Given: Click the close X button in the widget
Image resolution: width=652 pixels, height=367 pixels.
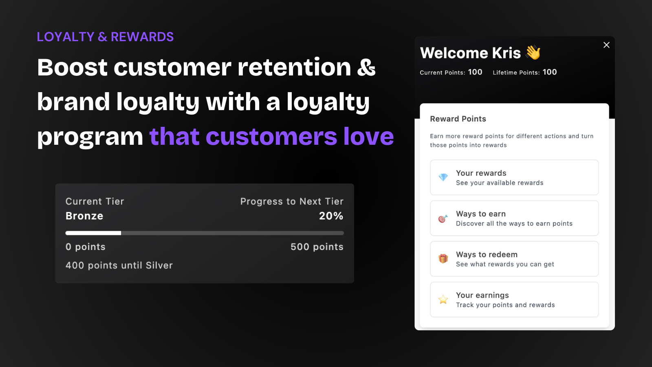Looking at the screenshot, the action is pos(606,45).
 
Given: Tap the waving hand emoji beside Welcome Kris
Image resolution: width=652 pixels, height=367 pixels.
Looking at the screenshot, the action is pos(533,53).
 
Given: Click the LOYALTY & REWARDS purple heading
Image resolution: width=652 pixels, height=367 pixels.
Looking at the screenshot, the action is pos(105,37).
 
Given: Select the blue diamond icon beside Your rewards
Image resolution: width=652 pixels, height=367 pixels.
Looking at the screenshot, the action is pos(443,177).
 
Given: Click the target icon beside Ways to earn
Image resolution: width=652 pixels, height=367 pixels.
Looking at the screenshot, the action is pos(443,218).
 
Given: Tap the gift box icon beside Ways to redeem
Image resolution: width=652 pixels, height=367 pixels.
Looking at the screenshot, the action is pos(443,259).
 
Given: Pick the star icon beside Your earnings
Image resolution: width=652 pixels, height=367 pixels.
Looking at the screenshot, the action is pos(443,299).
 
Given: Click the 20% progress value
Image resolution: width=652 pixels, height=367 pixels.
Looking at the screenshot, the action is pos(331,216).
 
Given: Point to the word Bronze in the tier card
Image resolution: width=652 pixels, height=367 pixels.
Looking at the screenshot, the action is pos(84,216).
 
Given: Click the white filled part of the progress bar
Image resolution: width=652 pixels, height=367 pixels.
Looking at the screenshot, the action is pos(93,233).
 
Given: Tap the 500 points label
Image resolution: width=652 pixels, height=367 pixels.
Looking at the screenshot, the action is pos(317,247).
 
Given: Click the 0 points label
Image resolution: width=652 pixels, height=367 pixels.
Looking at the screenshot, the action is pos(86,247).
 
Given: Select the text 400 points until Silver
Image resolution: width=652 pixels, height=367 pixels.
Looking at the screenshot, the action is pos(119,265).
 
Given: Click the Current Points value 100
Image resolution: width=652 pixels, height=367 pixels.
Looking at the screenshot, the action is pos(475,72).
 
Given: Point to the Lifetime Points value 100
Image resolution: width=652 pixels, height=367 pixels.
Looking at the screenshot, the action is pos(550,72).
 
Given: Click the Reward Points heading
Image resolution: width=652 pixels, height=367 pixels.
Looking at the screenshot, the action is pos(458,119).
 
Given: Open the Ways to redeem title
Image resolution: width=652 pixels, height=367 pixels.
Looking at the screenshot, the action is pos(487,254).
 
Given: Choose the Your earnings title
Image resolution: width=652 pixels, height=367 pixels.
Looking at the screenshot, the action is pos(482,295).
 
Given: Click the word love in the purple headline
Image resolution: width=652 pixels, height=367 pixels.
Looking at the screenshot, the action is pos(368,136).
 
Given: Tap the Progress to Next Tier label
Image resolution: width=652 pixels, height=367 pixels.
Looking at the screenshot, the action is pos(292,201).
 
